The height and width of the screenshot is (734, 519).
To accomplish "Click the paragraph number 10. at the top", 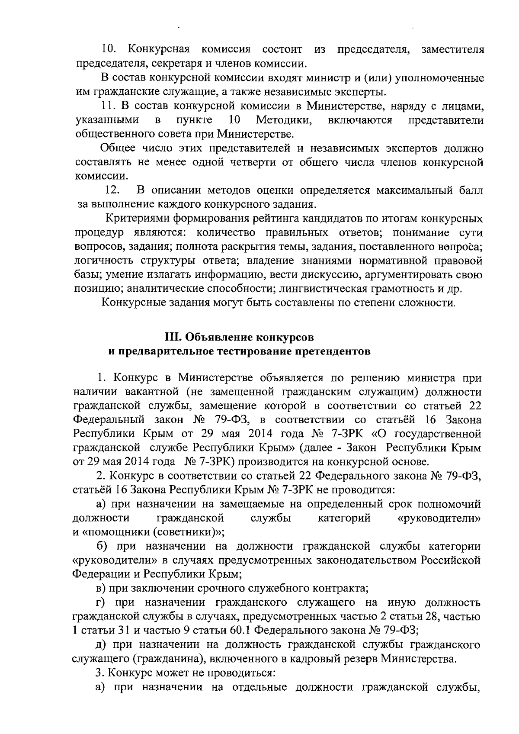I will (x=109, y=50).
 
